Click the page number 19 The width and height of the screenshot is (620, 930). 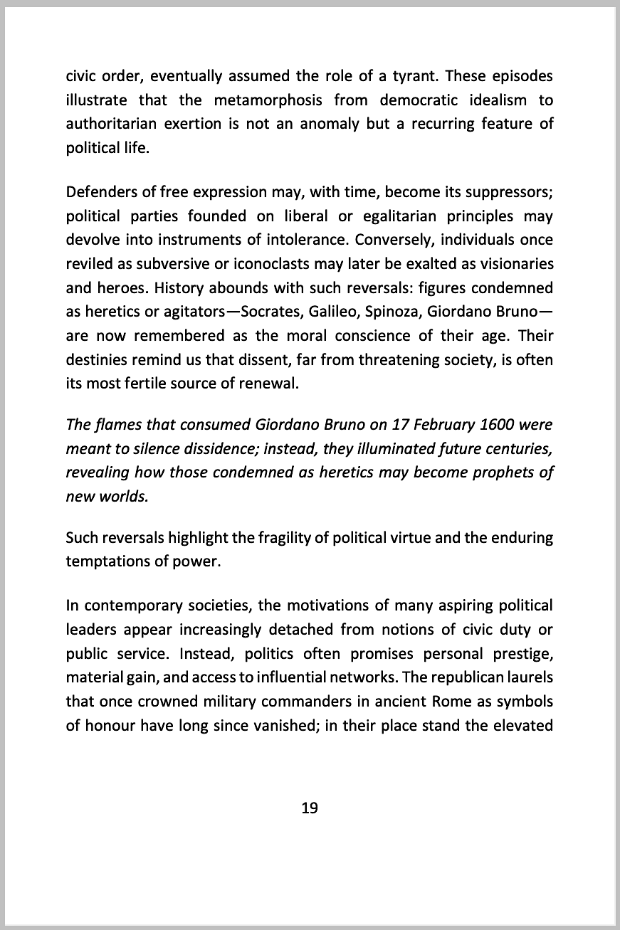[x=310, y=808]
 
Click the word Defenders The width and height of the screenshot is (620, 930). [x=98, y=192]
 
